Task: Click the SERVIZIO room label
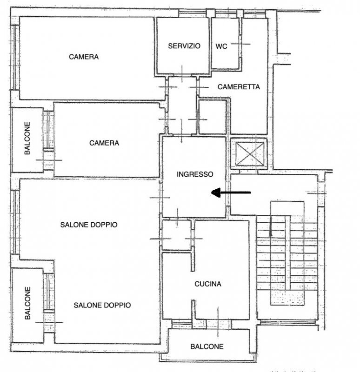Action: [184, 46]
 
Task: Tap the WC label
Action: [221, 46]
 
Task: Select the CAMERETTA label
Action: [239, 87]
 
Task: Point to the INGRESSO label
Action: [195, 174]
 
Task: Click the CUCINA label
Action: [208, 284]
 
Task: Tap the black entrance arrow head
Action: [216, 193]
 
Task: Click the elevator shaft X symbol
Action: [249, 154]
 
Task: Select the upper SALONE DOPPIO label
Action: [89, 225]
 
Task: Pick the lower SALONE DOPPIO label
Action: [102, 305]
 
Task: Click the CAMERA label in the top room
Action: [84, 57]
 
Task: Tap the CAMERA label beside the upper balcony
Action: [104, 143]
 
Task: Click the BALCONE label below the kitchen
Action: [207, 346]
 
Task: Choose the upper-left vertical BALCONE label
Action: [27, 138]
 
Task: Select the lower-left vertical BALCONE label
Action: [27, 303]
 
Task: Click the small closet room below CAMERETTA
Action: [213, 117]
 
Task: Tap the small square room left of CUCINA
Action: [177, 235]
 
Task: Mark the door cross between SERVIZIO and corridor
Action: [182, 74]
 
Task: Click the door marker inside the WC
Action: [240, 44]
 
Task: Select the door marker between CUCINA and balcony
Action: [218, 322]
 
